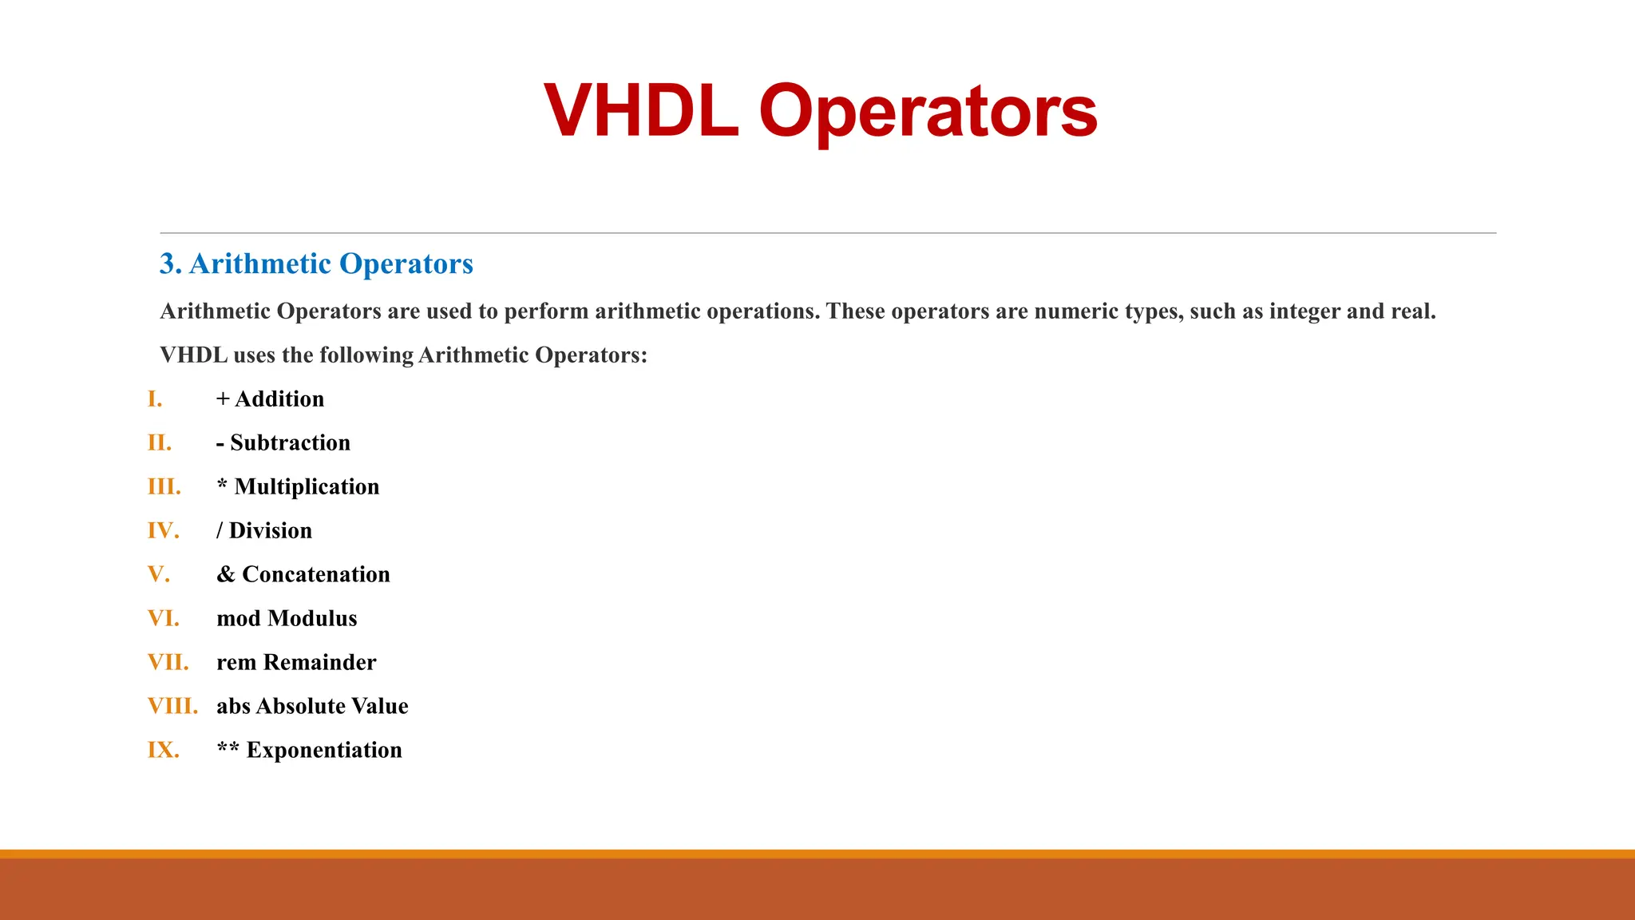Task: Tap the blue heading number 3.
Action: tap(169, 264)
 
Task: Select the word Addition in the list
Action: tap(279, 399)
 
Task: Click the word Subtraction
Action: tap(290, 443)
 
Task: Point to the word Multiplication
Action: tap(307, 487)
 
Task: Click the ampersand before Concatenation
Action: tap(226, 575)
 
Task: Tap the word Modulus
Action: tap(312, 619)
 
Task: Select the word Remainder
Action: tap(319, 663)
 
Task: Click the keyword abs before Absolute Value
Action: tap(233, 707)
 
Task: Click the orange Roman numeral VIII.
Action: tap(172, 707)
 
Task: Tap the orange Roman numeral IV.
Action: tap(163, 531)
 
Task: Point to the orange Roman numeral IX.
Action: tap(163, 751)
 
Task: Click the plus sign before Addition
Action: tap(223, 399)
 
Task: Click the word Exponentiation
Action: tap(324, 751)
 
